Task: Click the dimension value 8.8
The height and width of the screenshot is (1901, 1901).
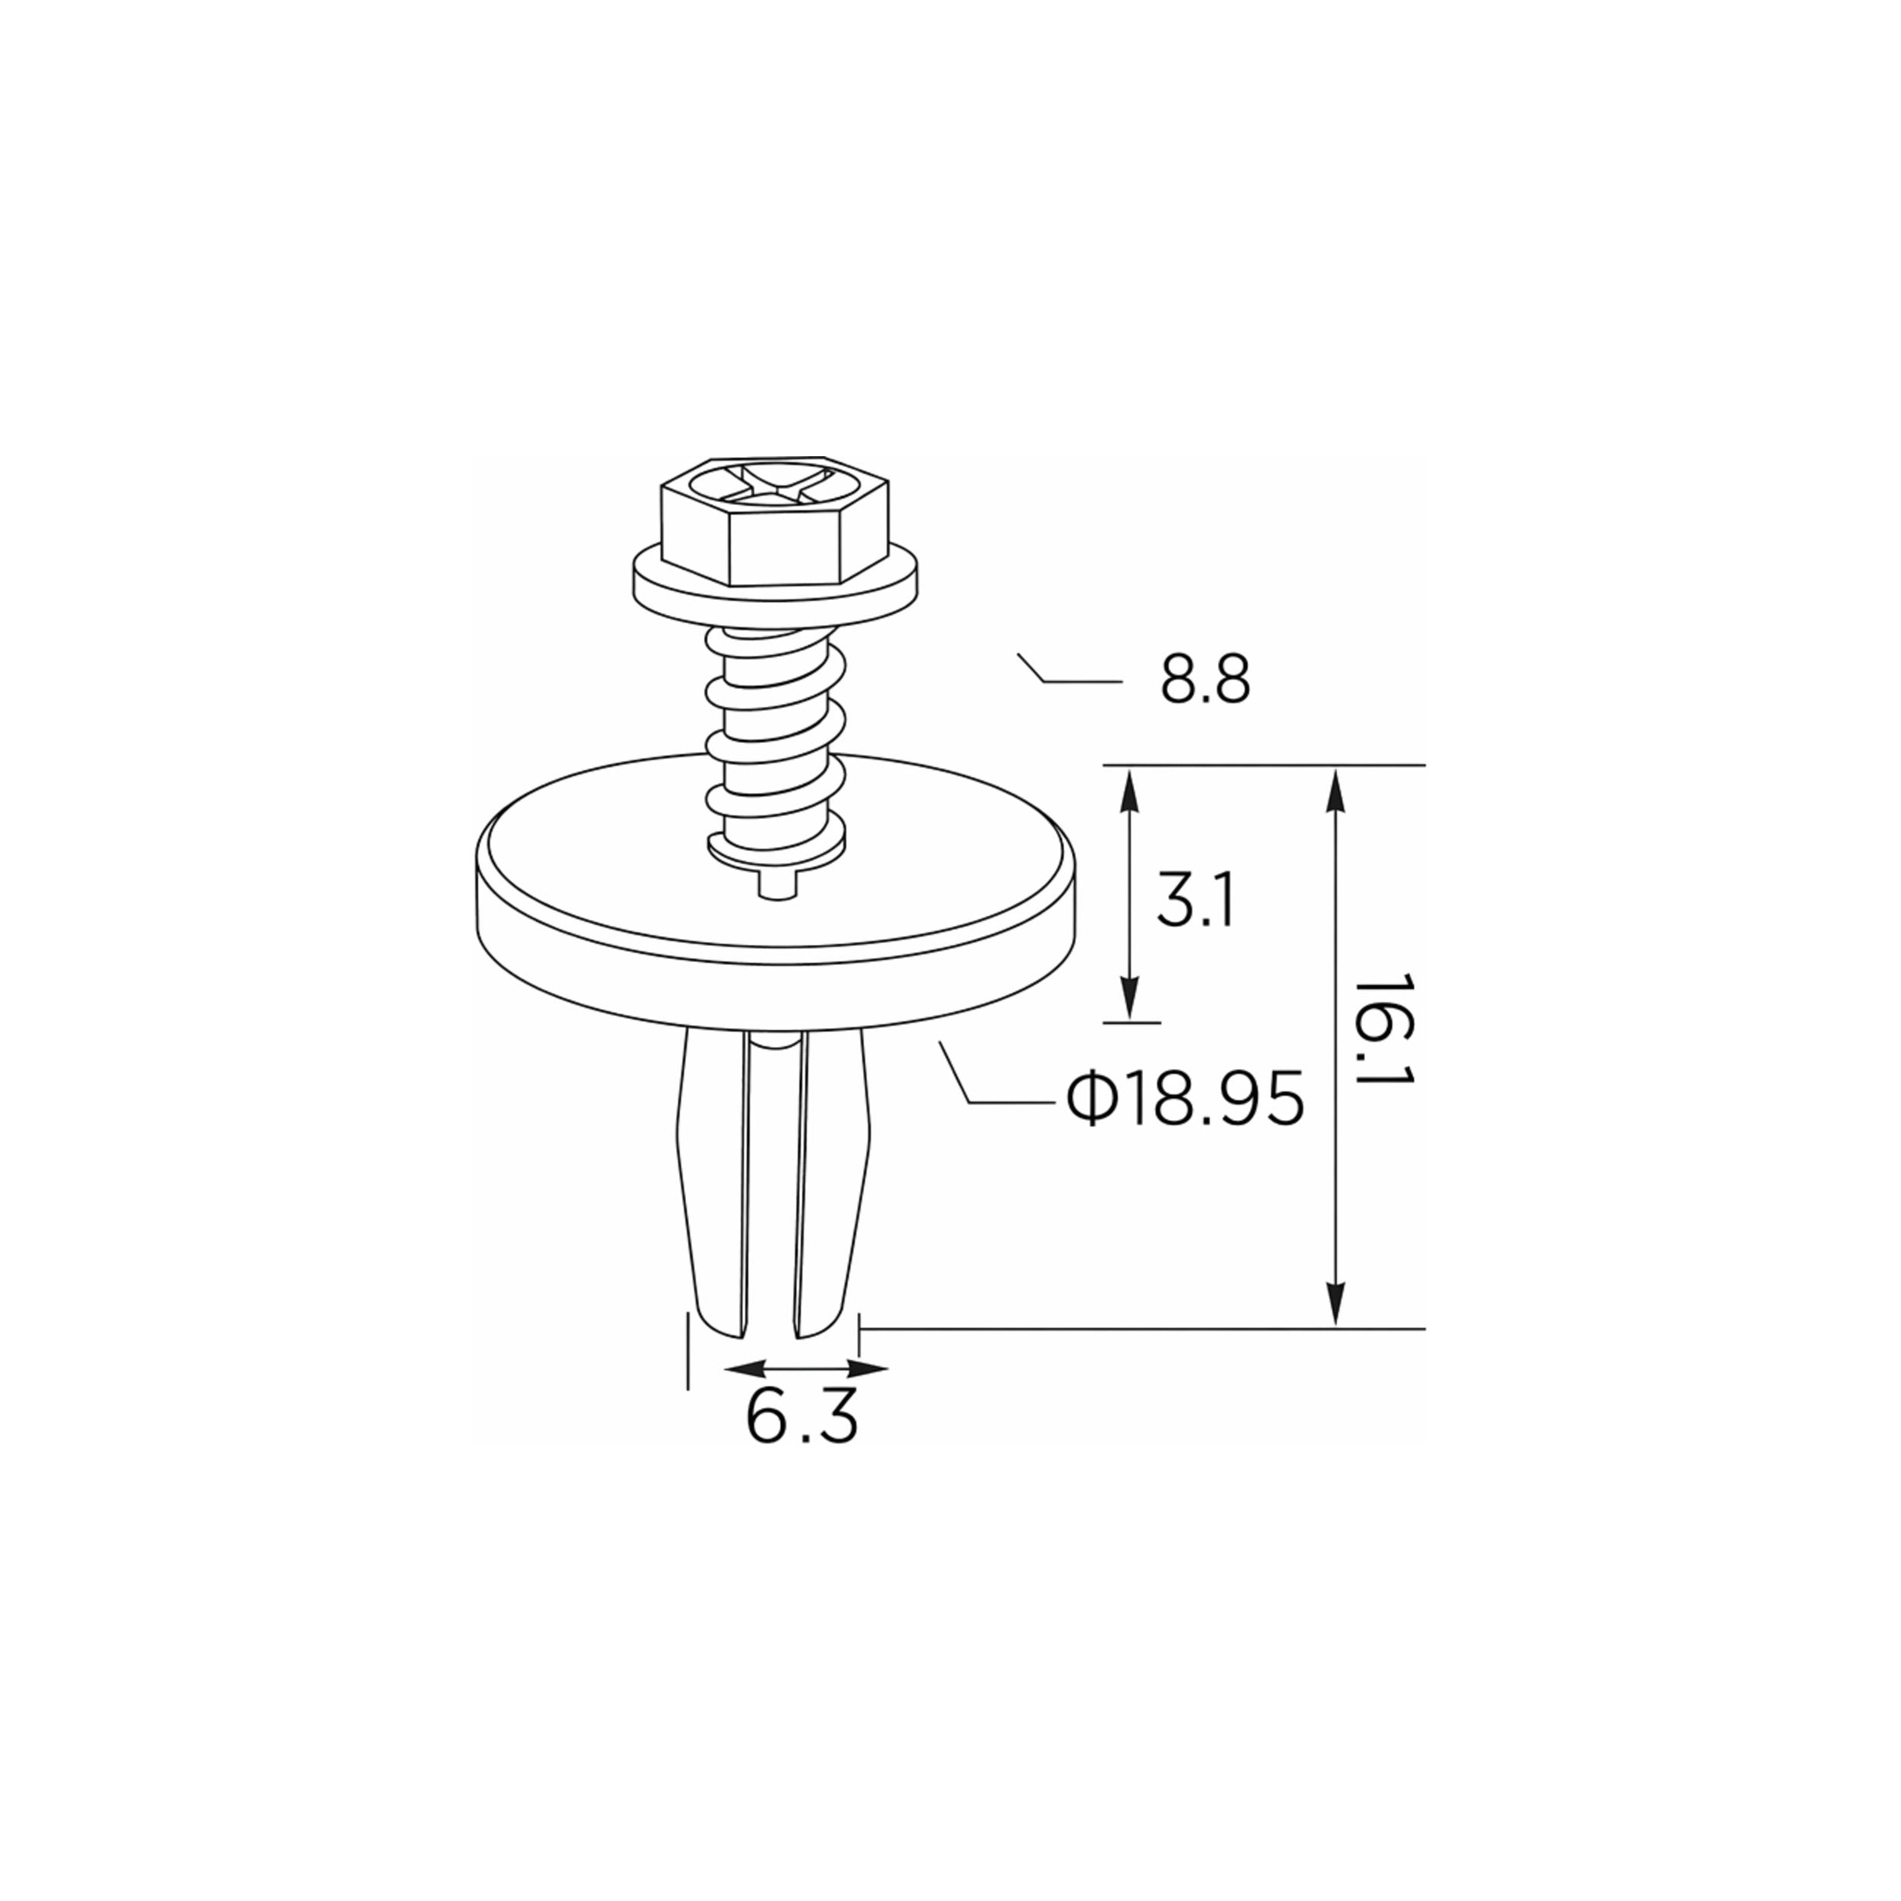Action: point(1205,679)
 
